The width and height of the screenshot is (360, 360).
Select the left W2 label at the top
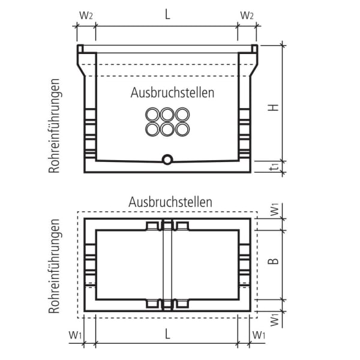86,15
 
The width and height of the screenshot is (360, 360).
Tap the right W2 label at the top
247,15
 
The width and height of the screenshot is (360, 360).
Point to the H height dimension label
273,107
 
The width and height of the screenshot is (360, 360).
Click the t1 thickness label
273,169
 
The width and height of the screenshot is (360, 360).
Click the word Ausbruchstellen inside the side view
172,93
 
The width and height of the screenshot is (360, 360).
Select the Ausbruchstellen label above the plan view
170,202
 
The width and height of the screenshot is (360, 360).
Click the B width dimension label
273,262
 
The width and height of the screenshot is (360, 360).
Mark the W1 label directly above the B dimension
273,210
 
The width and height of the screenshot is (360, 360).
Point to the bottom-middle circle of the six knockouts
167,129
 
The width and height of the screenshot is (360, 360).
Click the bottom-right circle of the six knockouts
182,129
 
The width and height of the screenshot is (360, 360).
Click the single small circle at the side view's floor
167,159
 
